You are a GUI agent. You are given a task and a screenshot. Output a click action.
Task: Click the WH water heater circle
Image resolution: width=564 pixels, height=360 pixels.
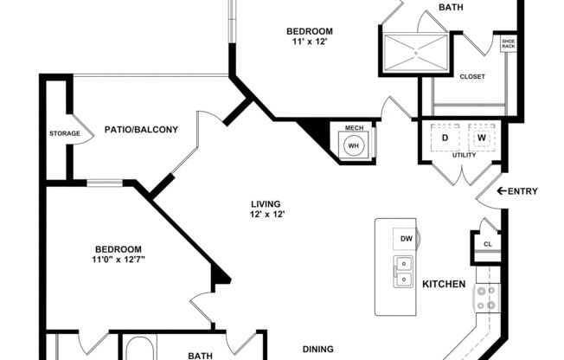(354, 145)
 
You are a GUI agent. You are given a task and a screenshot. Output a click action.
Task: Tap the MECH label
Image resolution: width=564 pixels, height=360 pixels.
(354, 128)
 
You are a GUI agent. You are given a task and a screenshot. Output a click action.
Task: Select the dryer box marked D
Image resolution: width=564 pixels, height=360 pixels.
(445, 138)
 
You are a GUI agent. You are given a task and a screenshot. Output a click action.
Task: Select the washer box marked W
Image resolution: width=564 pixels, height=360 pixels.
(482, 138)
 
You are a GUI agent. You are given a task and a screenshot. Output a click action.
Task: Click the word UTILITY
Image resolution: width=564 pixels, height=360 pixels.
(465, 155)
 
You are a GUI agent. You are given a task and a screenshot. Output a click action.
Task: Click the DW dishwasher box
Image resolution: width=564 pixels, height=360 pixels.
(406, 238)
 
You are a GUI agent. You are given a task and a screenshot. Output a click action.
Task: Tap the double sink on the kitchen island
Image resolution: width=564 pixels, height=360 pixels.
(404, 271)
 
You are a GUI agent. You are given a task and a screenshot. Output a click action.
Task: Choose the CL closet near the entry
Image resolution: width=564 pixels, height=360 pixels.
(487, 245)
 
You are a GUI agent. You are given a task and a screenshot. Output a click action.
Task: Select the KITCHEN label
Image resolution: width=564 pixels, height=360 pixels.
(444, 284)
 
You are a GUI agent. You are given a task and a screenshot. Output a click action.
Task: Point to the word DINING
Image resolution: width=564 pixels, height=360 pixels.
(318, 349)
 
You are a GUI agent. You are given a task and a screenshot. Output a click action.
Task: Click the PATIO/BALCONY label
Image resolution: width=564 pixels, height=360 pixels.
(141, 130)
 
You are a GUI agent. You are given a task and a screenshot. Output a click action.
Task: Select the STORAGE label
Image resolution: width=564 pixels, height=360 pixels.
(65, 133)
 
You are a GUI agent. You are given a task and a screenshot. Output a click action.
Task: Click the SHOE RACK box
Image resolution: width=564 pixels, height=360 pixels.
(508, 43)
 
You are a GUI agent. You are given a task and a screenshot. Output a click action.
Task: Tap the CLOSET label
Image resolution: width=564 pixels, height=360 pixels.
(471, 76)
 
